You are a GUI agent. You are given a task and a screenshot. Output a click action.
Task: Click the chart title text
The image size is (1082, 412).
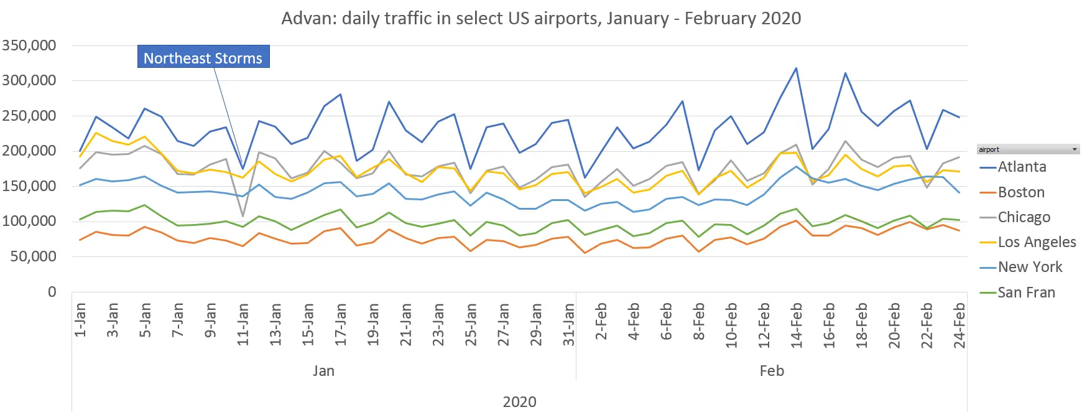point(541,18)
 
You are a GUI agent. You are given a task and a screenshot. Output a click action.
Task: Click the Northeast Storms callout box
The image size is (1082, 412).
point(203,57)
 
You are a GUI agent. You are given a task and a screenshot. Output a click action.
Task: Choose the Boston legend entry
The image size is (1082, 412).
point(1021,192)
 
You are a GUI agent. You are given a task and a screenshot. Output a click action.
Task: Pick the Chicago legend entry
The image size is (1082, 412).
point(1024,217)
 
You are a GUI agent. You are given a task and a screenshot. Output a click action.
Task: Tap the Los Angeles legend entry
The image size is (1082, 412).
point(1037,242)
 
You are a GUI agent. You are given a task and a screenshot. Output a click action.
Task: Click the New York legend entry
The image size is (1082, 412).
point(1030,267)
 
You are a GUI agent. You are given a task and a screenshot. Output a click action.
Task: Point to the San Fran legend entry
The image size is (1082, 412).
point(1026,293)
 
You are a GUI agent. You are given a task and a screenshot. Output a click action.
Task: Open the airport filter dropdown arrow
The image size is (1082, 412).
point(1075,149)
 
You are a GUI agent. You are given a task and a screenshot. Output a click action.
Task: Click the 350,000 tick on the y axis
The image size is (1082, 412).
point(29,45)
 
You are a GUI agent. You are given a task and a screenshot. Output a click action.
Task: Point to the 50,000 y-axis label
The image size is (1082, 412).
point(33,256)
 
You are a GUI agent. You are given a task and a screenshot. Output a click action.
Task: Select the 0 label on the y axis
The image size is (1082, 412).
point(52,292)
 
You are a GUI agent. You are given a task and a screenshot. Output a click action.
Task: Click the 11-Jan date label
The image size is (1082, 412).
point(243,324)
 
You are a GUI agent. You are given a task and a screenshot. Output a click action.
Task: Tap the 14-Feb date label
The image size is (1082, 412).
point(797,324)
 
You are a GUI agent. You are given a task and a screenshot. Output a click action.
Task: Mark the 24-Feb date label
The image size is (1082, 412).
point(959,324)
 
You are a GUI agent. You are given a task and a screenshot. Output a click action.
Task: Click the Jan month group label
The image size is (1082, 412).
point(323,371)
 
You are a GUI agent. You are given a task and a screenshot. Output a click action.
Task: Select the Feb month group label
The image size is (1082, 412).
point(772,371)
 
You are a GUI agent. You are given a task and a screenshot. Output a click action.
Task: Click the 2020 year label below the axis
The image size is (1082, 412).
point(519,401)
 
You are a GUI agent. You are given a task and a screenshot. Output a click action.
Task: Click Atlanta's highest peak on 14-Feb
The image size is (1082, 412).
point(797,68)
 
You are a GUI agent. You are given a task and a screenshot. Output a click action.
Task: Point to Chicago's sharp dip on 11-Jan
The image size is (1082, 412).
point(243,216)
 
